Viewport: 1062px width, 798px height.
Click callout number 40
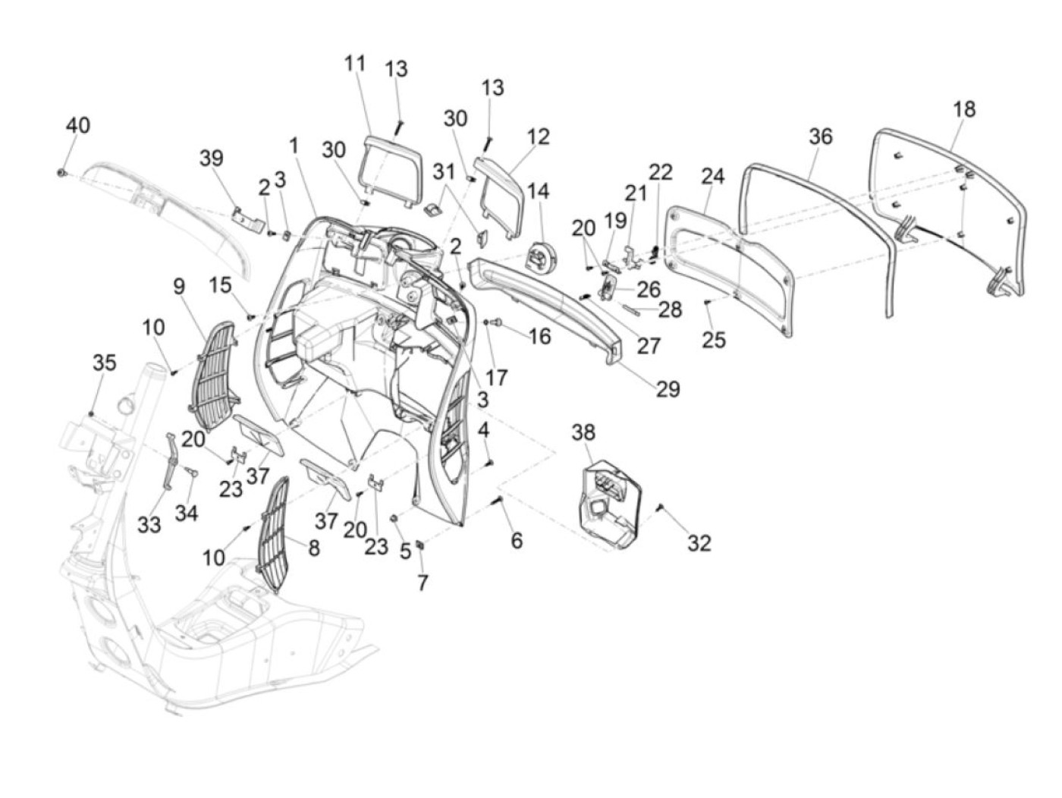click(x=78, y=126)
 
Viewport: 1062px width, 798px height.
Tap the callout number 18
click(x=964, y=109)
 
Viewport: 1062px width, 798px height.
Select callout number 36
click(x=821, y=137)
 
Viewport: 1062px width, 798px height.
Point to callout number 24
click(x=712, y=177)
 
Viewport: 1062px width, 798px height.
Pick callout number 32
click(x=699, y=544)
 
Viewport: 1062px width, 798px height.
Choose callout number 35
click(x=105, y=363)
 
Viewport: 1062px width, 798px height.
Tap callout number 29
click(x=668, y=388)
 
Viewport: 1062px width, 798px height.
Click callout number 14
click(x=538, y=191)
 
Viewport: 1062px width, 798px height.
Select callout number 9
click(x=179, y=287)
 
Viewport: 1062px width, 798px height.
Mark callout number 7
click(x=423, y=583)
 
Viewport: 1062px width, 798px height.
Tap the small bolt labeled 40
click(x=61, y=172)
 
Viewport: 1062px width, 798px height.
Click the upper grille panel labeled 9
click(x=213, y=376)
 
